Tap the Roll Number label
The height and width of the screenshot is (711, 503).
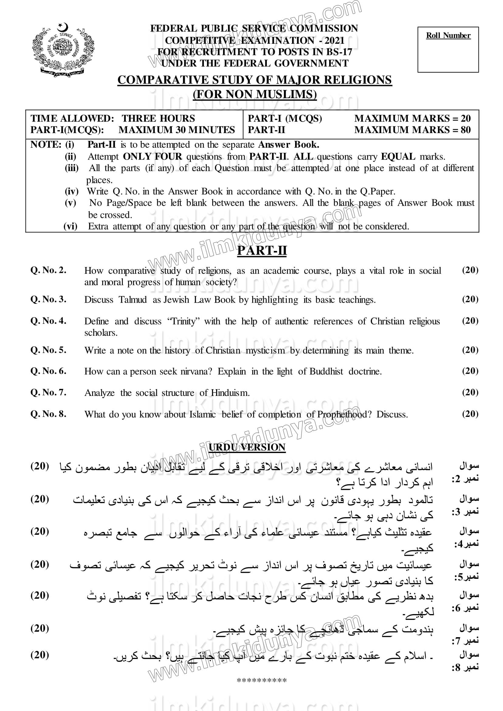click(x=448, y=36)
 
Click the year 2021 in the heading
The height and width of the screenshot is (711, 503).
click(x=335, y=40)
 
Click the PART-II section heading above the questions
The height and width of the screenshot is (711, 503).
click(x=262, y=251)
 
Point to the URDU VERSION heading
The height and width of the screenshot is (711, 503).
click(x=247, y=447)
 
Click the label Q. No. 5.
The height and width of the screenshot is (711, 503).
click(x=48, y=350)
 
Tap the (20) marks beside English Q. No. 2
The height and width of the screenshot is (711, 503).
click(x=470, y=270)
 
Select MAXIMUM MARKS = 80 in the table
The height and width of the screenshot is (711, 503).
click(x=412, y=130)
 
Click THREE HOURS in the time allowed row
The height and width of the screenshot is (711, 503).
click(x=158, y=118)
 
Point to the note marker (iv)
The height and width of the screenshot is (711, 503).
click(x=71, y=191)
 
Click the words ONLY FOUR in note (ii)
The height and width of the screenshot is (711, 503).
click(x=152, y=156)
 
